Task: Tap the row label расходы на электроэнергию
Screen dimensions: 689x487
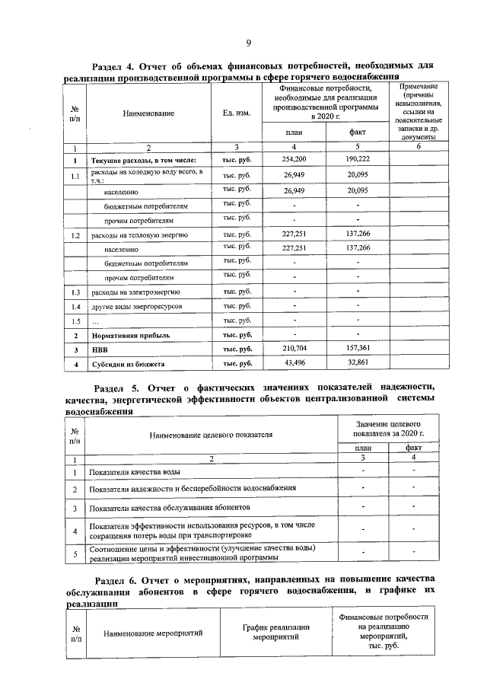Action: [x=135, y=292]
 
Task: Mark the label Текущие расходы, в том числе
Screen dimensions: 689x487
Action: [x=144, y=161]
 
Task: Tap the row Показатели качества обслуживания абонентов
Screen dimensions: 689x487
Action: [x=179, y=507]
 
